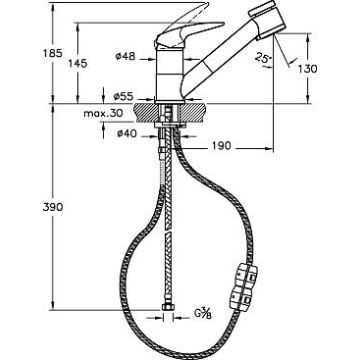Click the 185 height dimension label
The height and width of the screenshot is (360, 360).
click(x=53, y=53)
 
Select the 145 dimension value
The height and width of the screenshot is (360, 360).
click(x=78, y=63)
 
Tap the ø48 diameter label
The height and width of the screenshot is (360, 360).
click(x=126, y=56)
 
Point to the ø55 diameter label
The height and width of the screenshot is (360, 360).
click(x=123, y=97)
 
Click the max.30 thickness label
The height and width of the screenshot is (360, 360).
click(x=103, y=113)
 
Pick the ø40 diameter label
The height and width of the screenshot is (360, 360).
click(x=127, y=134)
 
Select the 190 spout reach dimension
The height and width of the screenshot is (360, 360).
click(x=221, y=146)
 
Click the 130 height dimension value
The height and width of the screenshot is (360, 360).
click(x=307, y=69)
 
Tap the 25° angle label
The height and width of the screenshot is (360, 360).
click(x=263, y=58)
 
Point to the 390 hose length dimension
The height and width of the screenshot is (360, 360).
click(x=53, y=207)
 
